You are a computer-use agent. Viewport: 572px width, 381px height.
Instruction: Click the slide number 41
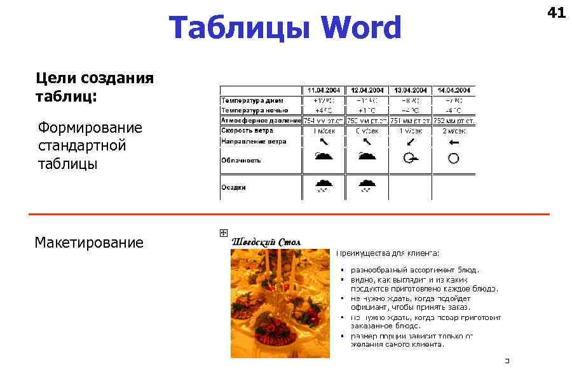point(555,12)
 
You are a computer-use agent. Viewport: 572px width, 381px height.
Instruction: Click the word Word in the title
point(361,29)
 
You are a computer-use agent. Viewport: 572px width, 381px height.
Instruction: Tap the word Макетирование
point(89,243)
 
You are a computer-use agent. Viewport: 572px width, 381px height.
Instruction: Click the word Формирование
point(90,128)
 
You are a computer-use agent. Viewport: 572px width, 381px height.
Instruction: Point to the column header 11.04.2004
point(324,90)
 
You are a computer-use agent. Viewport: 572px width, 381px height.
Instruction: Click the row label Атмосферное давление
point(261,120)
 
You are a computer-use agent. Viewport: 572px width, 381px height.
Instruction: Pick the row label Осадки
point(233,187)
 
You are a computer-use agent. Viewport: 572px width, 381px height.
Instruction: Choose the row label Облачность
point(241,160)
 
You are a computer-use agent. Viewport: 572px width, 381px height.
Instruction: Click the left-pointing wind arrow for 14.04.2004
point(453,142)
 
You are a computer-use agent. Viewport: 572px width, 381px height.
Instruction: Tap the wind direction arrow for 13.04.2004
point(411,142)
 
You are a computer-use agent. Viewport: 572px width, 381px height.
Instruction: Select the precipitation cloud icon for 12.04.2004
point(367,185)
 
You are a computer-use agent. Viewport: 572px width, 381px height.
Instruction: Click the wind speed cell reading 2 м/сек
point(453,131)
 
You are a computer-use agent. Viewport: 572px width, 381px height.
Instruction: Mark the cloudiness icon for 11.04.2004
point(323,157)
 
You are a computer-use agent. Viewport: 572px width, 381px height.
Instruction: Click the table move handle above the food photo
point(223,233)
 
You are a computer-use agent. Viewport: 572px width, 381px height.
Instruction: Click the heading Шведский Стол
point(266,242)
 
